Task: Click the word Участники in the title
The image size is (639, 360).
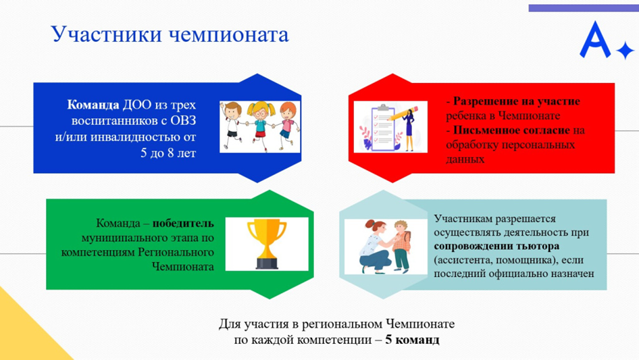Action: coord(106,34)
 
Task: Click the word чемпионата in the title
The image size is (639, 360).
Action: coord(228,35)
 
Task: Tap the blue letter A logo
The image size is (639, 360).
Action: coord(595,40)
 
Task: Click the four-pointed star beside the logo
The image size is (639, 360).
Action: coord(625,51)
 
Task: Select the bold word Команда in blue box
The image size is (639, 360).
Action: coord(93,105)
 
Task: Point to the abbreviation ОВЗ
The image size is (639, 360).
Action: coord(183,121)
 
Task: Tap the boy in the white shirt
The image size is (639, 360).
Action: coord(232,124)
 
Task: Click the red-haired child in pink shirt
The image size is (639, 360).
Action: coord(287,124)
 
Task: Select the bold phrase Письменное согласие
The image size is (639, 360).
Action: coord(511,130)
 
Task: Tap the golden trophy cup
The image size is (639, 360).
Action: coord(267,244)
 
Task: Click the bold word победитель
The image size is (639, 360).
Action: coord(183,224)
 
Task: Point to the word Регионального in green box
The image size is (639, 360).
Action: coord(176,253)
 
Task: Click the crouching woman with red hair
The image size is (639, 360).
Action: coord(374,247)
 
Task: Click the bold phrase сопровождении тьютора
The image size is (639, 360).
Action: coord(496,247)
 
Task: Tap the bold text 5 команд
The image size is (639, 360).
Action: coord(413,340)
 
